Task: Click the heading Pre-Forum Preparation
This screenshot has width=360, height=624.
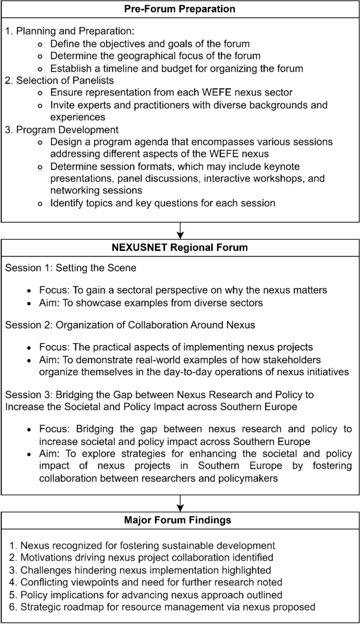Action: (x=180, y=9)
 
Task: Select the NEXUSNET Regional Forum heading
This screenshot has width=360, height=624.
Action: (x=180, y=247)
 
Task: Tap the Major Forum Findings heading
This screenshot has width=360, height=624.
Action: (x=177, y=520)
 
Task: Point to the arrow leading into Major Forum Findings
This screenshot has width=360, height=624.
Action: (x=180, y=503)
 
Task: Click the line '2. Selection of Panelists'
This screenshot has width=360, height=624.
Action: (x=59, y=81)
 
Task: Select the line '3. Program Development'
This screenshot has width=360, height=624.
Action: (x=62, y=130)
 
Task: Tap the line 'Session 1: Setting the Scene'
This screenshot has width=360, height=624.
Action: (x=71, y=268)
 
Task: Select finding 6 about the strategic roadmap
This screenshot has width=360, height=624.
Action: (x=162, y=607)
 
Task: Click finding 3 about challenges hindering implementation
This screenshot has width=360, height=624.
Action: (x=140, y=570)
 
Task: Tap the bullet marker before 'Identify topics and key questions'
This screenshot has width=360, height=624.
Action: (x=40, y=204)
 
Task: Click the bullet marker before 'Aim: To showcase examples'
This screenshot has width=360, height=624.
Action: (x=29, y=303)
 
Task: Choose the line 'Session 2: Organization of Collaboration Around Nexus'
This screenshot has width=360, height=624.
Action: (x=130, y=325)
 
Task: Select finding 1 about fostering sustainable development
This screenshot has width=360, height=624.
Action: (x=142, y=545)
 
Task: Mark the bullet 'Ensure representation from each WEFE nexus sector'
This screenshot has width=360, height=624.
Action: (x=171, y=92)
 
